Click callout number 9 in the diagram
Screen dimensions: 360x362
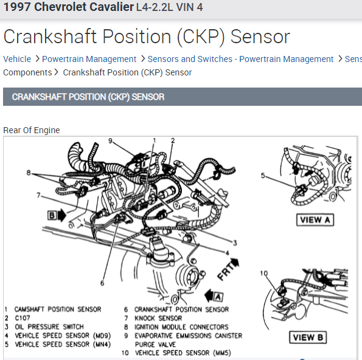111,141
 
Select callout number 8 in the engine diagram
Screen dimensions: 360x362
28,173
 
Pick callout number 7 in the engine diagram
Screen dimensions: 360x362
38,195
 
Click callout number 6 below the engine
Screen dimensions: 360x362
102,282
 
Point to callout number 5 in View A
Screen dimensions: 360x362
263,176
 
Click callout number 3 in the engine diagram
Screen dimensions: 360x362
234,242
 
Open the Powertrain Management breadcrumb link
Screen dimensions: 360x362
89,59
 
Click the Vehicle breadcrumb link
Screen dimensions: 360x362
17,59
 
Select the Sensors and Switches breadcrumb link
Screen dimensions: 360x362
240,59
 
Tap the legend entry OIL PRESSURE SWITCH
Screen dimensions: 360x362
49,327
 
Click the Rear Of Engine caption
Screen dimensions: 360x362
32,130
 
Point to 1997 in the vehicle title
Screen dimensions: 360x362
16,7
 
